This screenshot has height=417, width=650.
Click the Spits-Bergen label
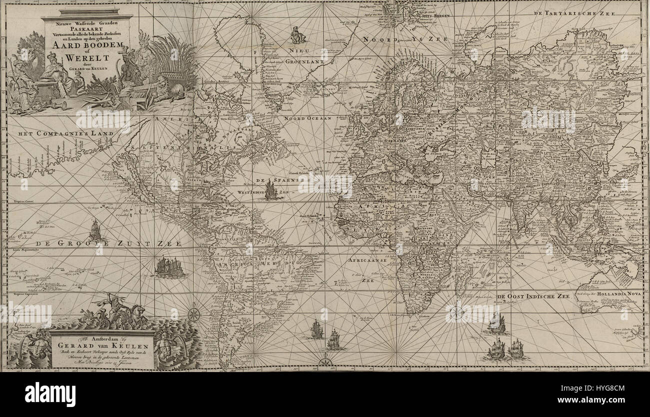tap(434, 16)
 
